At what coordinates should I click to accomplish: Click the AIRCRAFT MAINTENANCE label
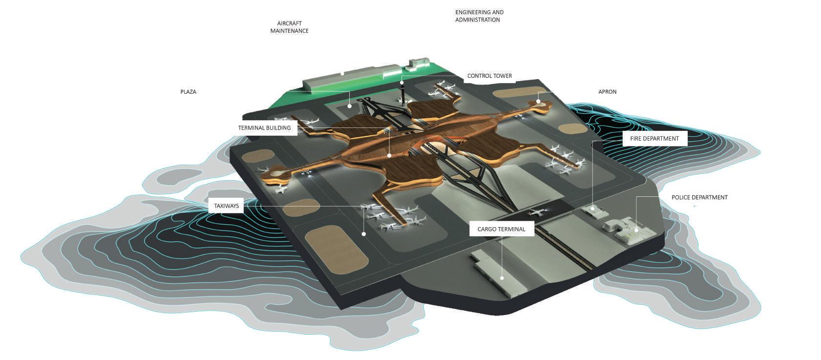289,27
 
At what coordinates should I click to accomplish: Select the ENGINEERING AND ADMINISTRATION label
479,16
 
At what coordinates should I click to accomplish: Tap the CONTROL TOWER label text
489,76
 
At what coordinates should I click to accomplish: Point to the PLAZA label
188,92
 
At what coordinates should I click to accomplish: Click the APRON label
607,92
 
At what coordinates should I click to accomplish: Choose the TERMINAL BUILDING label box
264,128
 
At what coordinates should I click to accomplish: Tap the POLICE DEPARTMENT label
699,197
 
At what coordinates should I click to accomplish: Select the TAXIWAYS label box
226,206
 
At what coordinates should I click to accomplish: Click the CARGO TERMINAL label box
501,229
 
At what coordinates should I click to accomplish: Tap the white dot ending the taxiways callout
364,234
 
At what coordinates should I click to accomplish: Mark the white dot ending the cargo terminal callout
502,278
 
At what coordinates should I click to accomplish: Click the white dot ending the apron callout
539,102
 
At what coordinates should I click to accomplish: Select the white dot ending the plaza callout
350,106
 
